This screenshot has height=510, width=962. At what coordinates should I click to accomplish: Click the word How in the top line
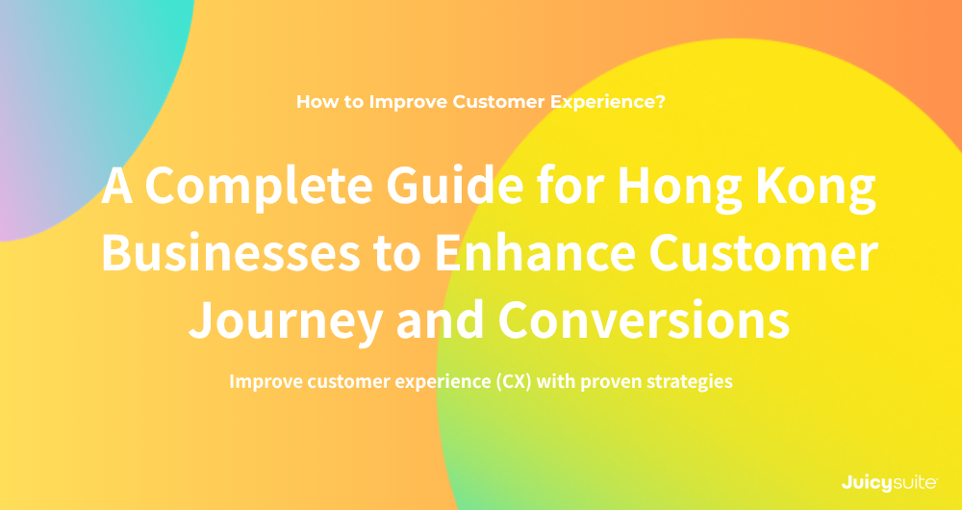click(314, 101)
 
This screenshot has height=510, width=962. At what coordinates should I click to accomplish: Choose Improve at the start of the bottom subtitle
click(264, 382)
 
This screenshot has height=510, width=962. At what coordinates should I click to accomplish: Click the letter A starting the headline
click(117, 187)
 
